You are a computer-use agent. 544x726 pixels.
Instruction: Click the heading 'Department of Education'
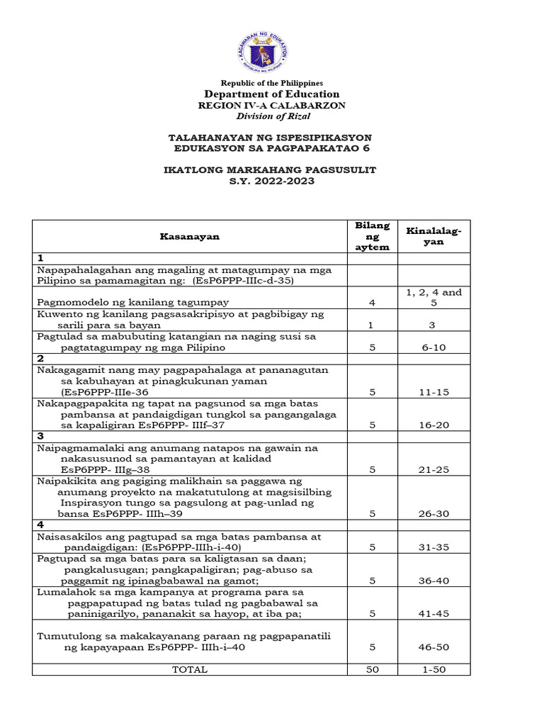point(272,94)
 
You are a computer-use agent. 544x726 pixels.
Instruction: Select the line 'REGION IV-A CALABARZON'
point(272,106)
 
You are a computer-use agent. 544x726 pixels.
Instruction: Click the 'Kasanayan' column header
point(189,237)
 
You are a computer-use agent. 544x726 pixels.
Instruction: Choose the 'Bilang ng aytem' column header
point(372,236)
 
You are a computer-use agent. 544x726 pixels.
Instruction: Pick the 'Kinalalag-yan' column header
point(433,237)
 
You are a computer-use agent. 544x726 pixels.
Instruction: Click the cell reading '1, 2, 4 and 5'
point(433,297)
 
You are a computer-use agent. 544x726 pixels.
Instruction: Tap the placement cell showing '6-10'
point(433,348)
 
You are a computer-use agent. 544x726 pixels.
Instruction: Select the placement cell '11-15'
point(433,391)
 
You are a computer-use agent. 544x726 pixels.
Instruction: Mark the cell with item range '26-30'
point(433,514)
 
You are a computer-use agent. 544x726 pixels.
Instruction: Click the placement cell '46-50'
point(433,647)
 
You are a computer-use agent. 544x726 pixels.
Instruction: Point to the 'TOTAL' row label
point(190,669)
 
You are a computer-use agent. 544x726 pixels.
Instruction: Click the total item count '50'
point(372,669)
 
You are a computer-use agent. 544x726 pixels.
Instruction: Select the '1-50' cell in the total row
point(433,669)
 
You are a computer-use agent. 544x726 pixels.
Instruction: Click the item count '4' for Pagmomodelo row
point(372,303)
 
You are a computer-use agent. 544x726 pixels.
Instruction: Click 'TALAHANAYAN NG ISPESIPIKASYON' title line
point(269,137)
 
